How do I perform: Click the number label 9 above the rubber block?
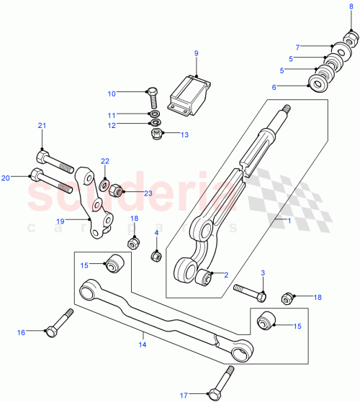tap(195, 52)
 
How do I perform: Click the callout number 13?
tap(184, 134)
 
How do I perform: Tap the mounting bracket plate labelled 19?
tap(96, 204)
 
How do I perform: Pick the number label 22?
tap(104, 161)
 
